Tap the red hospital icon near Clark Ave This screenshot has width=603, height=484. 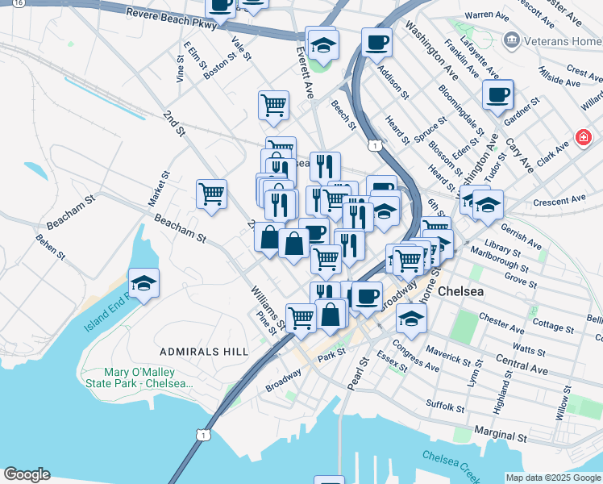582,139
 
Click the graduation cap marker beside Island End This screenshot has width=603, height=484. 143,283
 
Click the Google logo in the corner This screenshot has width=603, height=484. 26,474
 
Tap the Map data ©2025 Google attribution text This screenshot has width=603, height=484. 553,478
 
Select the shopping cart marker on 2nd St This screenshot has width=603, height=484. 211,194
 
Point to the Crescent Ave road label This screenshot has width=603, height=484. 559,199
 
